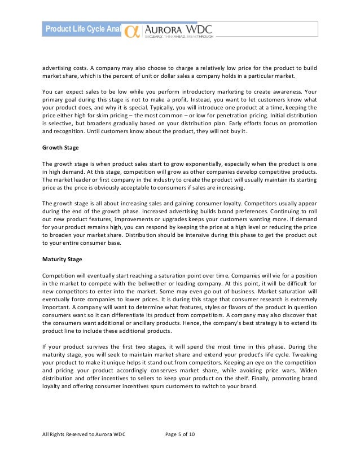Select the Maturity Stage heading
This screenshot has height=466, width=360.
point(63,259)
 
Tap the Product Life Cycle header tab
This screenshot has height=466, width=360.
point(82,29)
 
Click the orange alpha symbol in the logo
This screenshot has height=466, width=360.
point(131,30)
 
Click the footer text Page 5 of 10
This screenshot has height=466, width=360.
point(180,449)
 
